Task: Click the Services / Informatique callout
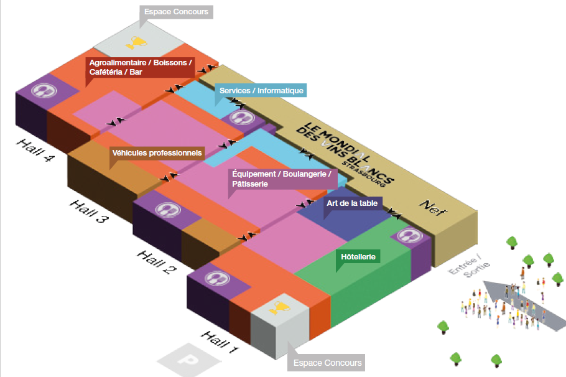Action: (261, 91)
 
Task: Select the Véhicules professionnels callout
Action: (157, 152)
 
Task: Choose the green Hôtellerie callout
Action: (360, 256)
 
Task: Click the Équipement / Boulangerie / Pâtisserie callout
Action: (280, 179)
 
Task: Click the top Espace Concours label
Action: (177, 12)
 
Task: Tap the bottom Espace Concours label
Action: (327, 363)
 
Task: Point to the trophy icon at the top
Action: (135, 43)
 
